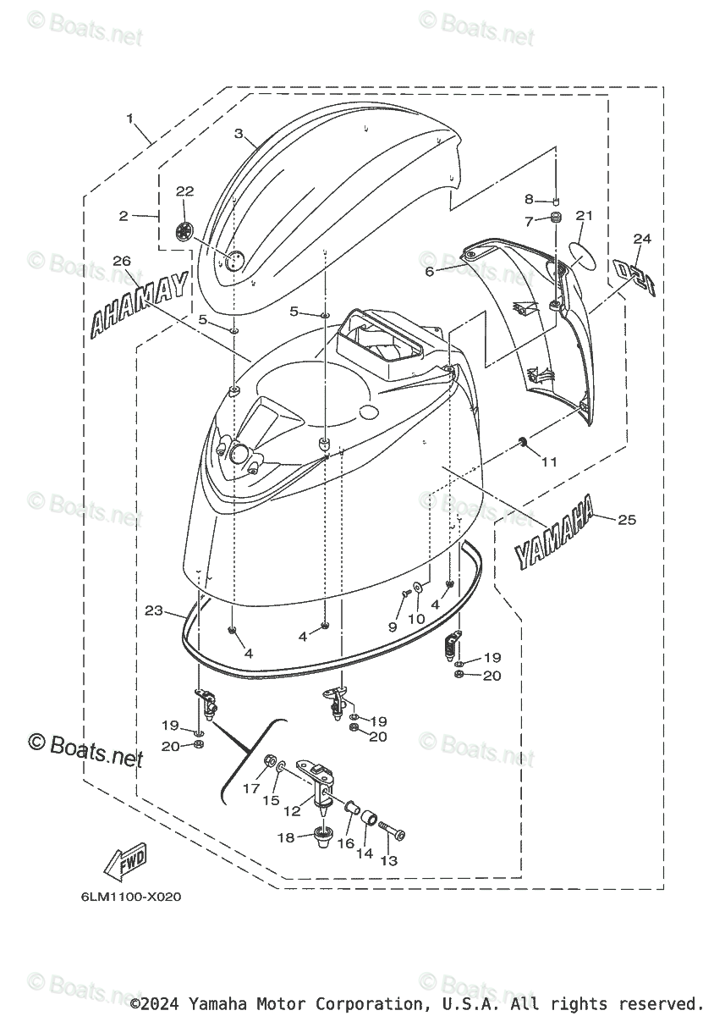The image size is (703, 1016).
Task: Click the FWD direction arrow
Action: (124, 863)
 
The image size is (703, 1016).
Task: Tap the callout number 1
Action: (130, 119)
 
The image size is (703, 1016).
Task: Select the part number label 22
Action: (184, 192)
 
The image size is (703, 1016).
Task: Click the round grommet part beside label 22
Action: (184, 230)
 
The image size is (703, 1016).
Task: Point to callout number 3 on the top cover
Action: (239, 134)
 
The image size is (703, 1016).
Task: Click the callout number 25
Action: (626, 520)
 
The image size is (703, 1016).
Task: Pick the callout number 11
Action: (550, 461)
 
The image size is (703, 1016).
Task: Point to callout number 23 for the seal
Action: (153, 610)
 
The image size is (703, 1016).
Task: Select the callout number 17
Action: (251, 787)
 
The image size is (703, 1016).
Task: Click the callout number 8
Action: (529, 200)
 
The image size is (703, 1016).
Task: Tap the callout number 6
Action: (429, 271)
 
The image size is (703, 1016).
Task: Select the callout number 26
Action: (120, 261)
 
